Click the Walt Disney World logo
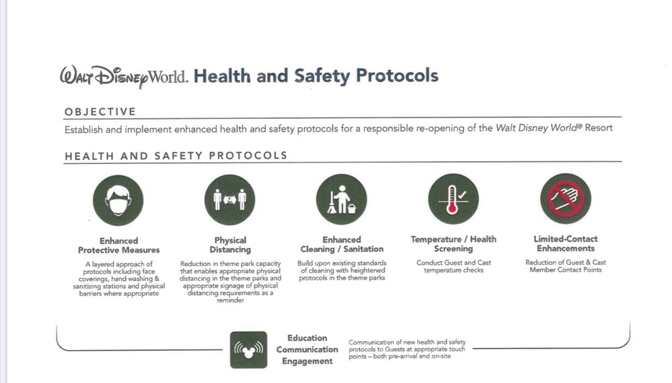[124, 77]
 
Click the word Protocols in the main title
[398, 76]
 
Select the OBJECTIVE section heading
[100, 112]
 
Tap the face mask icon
[118, 200]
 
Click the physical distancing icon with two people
[229, 200]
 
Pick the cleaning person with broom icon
[342, 200]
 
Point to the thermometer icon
[453, 199]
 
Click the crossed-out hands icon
[566, 199]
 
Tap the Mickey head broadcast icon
[249, 349]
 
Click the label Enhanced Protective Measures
[118, 245]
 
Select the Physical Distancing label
[230, 245]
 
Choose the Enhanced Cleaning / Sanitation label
[342, 245]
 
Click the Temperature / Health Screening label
[453, 244]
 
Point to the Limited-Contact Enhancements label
[566, 243]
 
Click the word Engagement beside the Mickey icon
[307, 361]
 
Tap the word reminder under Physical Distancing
[231, 300]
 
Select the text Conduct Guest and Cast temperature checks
[454, 266]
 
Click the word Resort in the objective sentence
[599, 128]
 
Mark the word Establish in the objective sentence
[83, 129]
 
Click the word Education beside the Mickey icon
[307, 338]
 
